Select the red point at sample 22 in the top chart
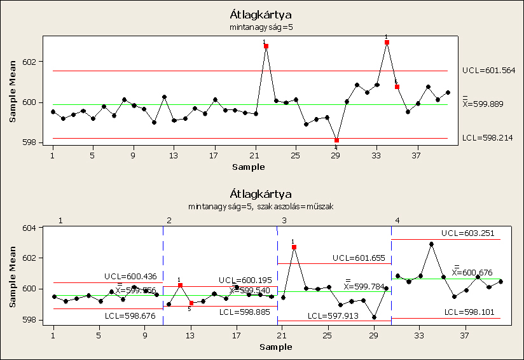coord(266,46)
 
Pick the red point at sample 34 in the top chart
coord(387,43)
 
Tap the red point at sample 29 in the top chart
coord(336,140)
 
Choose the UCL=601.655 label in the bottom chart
coord(357,258)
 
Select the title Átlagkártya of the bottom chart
coord(261,193)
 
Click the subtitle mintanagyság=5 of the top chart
coord(261,27)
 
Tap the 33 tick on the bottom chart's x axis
coord(420,335)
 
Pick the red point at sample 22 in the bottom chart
coord(294,247)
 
